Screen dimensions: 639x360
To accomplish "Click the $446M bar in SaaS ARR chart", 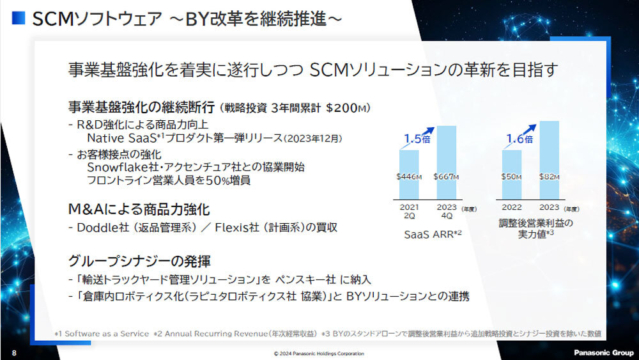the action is click(409, 175).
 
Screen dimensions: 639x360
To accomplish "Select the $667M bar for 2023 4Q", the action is click(447, 162).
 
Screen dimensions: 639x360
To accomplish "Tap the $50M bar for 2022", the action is click(511, 175).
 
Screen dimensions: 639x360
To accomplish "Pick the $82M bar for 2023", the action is click(550, 160).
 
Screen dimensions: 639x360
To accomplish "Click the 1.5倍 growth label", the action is click(417, 139).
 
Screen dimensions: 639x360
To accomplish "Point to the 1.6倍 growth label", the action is click(520, 139).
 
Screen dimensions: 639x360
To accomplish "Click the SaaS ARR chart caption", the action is click(433, 235).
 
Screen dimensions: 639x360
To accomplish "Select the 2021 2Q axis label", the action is click(409, 211).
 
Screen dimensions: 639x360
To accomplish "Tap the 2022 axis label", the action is click(512, 207).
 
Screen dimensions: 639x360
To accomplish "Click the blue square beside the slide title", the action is click(19, 17).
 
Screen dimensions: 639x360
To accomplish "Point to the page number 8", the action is click(14, 353).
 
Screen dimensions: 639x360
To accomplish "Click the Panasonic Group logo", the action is click(604, 353).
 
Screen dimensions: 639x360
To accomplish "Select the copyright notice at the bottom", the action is click(319, 354).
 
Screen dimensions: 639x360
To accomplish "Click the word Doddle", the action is click(93, 227).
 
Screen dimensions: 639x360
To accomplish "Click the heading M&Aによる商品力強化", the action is click(139, 209).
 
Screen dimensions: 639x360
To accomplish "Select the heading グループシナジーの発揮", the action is click(139, 261).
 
